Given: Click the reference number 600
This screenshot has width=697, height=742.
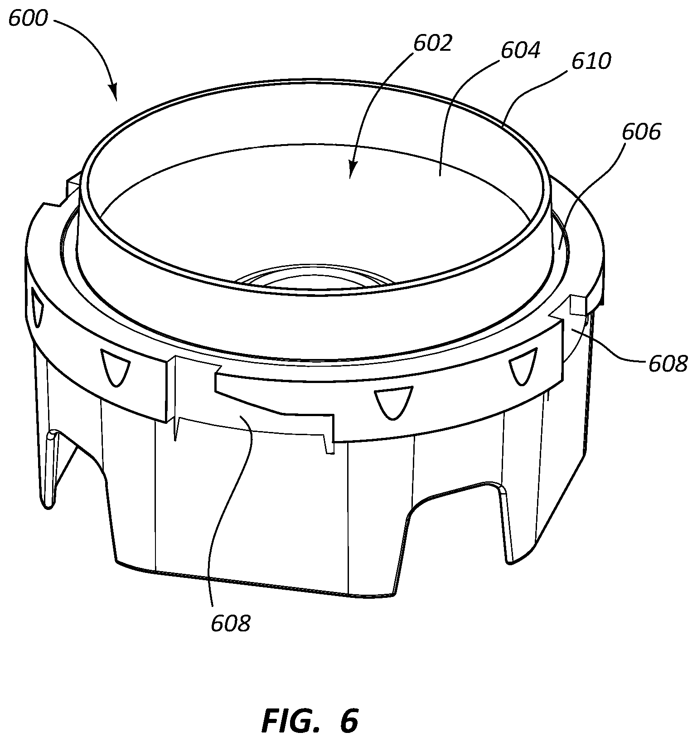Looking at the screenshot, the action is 28,19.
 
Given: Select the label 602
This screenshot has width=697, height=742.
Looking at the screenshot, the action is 433,43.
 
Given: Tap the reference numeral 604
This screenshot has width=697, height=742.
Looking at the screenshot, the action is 520,50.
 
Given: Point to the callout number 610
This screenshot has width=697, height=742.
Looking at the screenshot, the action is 591,61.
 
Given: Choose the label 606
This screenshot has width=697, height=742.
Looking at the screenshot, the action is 641,132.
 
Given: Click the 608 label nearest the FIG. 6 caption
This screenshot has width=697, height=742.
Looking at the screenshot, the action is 231,624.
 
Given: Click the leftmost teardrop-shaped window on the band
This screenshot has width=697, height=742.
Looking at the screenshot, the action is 36,309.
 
